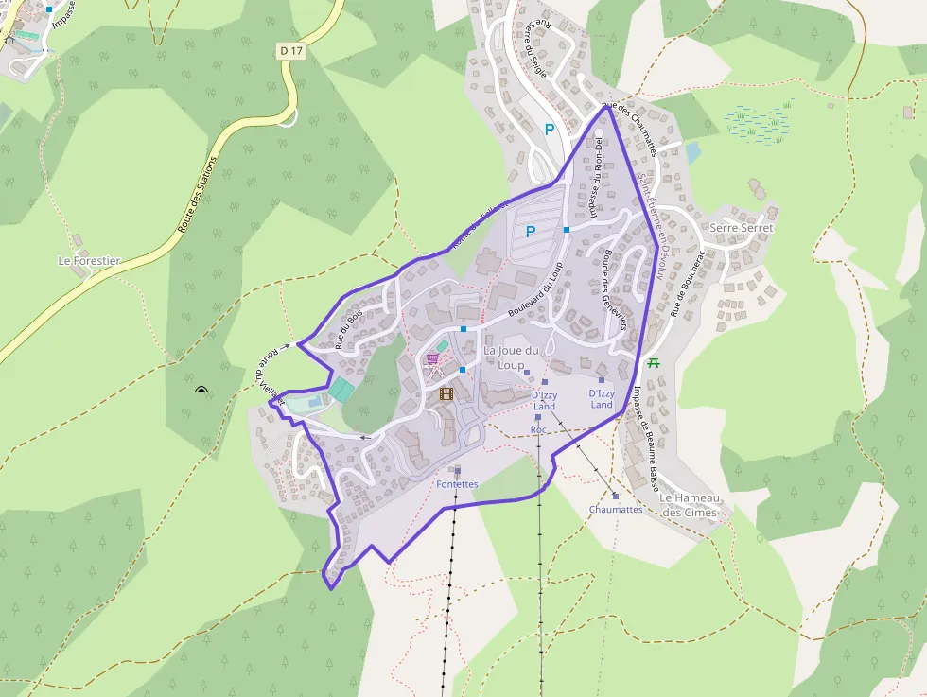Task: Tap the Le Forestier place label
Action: pos(89,261)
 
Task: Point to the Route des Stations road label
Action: pos(197,195)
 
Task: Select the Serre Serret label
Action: pos(742,228)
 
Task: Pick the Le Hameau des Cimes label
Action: pos(690,505)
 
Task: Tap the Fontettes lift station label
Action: pos(457,484)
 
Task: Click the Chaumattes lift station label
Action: pos(616,509)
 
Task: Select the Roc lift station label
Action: pos(538,429)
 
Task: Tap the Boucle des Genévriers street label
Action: pos(612,288)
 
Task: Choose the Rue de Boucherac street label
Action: pos(689,283)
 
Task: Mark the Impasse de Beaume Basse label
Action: pos(646,439)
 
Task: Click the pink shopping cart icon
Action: pos(432,359)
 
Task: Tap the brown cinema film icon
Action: pos(446,393)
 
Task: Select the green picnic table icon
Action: pos(653,362)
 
